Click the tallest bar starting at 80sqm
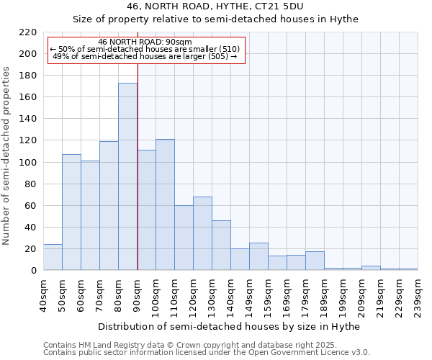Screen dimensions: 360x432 (127, 176)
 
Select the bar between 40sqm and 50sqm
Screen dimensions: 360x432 (53, 257)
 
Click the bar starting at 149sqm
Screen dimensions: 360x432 (258, 256)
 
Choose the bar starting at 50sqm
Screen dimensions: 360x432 (71, 212)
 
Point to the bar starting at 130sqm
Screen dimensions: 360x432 (221, 245)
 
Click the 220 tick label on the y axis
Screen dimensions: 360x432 (28, 32)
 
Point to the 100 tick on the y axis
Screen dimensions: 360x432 (28, 163)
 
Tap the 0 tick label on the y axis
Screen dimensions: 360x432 (34, 271)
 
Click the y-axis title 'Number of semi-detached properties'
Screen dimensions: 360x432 (7, 156)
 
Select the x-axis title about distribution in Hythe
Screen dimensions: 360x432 (228, 327)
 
